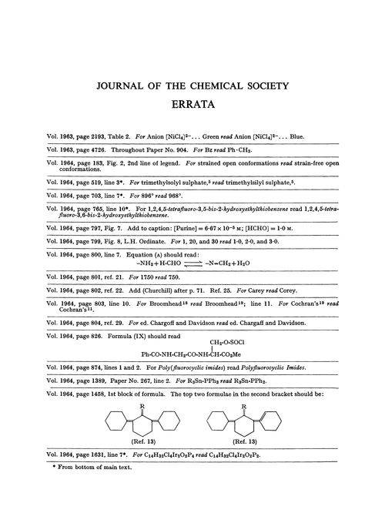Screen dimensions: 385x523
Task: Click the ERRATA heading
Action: [x=192, y=102]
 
